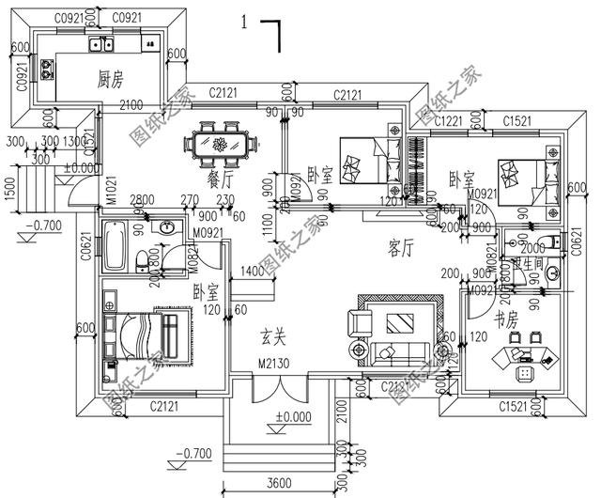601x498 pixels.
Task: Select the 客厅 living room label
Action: pos(401,247)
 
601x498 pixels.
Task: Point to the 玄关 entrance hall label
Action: pos(274,335)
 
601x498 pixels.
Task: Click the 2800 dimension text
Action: pos(143,199)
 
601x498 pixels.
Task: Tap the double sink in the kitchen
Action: pos(101,44)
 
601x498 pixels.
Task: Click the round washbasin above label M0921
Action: pos(167,227)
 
